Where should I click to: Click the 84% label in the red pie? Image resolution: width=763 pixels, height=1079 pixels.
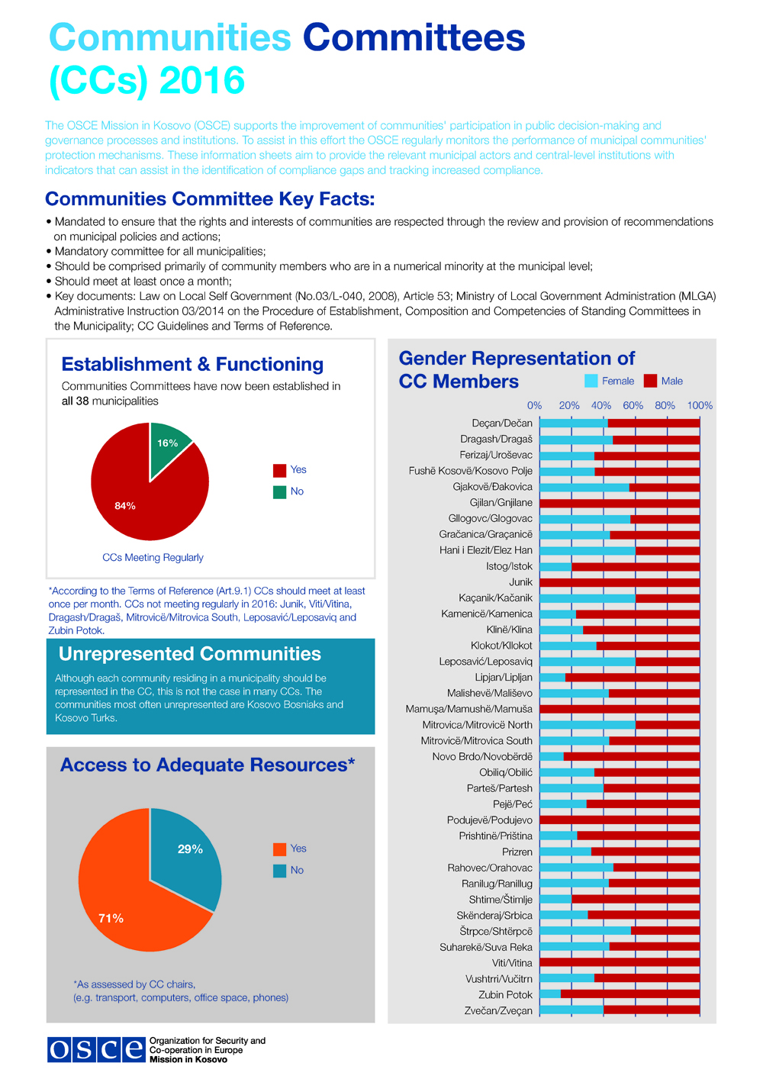point(125,506)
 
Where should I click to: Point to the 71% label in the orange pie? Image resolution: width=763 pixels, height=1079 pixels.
point(111,919)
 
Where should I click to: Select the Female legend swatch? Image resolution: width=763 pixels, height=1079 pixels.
point(591,381)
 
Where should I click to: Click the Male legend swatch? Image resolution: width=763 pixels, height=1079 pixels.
point(650,381)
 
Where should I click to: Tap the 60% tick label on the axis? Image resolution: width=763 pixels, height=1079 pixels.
point(633,405)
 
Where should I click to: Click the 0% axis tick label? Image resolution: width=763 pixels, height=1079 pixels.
point(534,405)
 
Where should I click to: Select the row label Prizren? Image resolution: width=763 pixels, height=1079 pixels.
point(517,852)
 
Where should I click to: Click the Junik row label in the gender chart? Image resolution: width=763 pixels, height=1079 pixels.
point(520,582)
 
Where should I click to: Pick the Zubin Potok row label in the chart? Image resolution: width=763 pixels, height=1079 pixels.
point(505,995)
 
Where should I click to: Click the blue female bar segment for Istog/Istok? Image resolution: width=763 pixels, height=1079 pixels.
point(555,567)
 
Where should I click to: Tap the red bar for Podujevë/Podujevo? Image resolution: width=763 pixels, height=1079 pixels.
point(620,820)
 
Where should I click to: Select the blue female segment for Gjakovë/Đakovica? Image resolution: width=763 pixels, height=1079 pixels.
point(584,487)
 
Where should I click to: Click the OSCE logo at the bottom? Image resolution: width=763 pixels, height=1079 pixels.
point(96,1050)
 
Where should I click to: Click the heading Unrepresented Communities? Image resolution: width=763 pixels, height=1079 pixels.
point(190,654)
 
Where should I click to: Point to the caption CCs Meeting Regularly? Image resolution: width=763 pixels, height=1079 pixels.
point(153,558)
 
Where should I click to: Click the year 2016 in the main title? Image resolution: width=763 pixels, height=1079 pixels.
point(202,81)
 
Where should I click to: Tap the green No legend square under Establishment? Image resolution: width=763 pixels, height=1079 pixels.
point(279,492)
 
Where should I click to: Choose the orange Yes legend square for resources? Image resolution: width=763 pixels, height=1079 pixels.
point(279,849)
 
